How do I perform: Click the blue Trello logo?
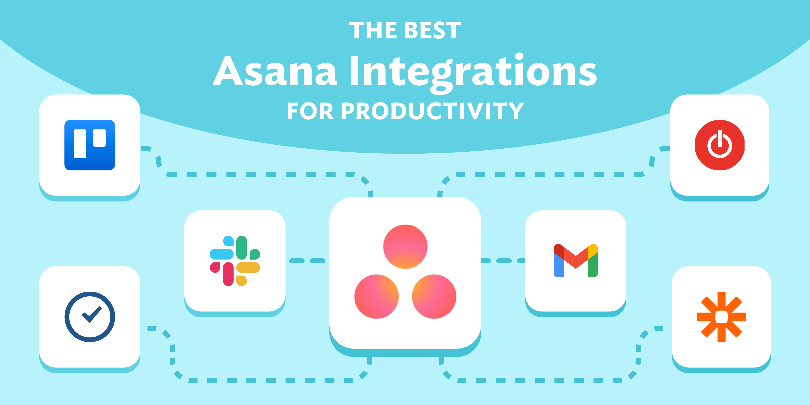pyautogui.click(x=90, y=145)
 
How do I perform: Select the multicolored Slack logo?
pyautogui.click(x=235, y=261)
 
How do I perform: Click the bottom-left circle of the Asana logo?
pyautogui.click(x=376, y=296)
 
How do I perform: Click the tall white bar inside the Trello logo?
pyautogui.click(x=80, y=143)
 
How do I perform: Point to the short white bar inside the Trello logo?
pyautogui.click(x=99, y=138)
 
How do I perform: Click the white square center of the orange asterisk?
pyautogui.click(x=721, y=317)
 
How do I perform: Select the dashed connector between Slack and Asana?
pyautogui.click(x=307, y=261)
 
